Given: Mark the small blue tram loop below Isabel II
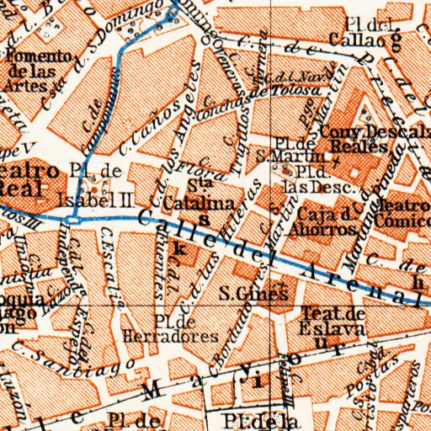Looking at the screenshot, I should (x=75, y=220).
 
